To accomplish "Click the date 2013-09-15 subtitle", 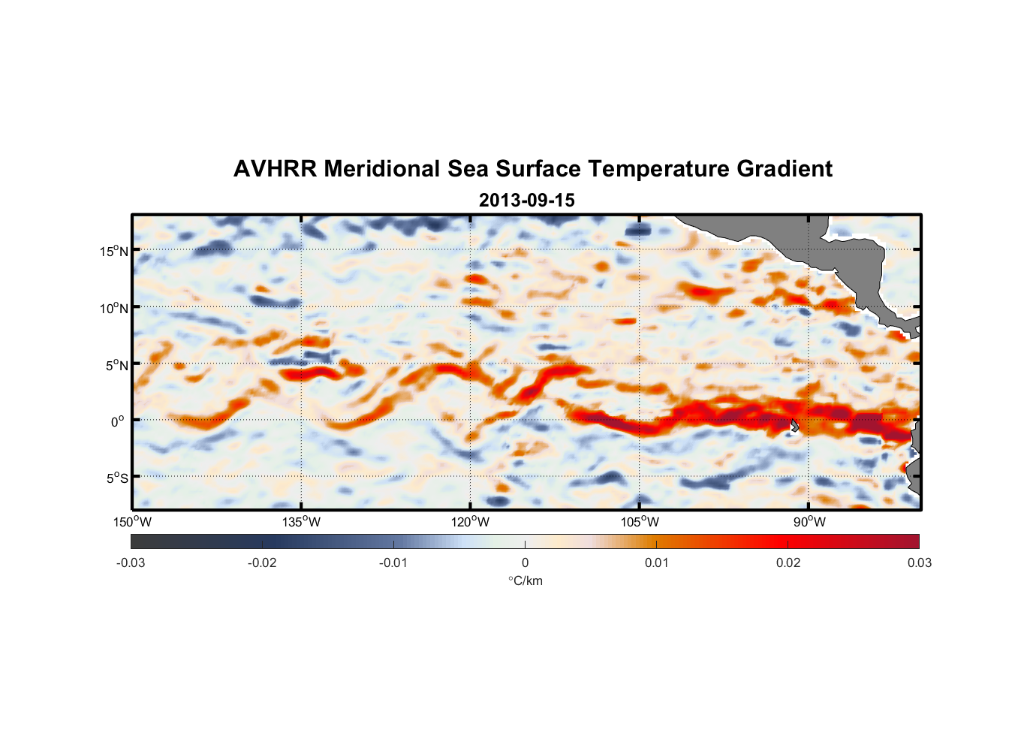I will click(526, 201).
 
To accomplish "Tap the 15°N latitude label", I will click(113, 251).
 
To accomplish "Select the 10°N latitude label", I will click(113, 308).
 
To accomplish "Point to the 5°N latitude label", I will click(116, 365).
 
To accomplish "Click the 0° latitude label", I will click(118, 421).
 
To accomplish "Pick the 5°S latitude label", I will click(116, 478).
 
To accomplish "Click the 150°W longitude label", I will click(132, 522).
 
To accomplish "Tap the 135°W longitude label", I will click(301, 522).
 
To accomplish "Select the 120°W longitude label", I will click(470, 522).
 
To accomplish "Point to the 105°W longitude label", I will click(640, 522).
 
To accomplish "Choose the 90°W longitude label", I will click(809, 522).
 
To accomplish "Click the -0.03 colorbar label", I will click(131, 562).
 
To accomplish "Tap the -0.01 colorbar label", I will click(393, 562).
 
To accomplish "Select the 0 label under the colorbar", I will click(525, 562).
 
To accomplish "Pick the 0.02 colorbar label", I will click(788, 562).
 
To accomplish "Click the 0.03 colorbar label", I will click(919, 562).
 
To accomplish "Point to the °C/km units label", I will click(525, 581).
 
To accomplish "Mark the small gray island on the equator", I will click(795, 426).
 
